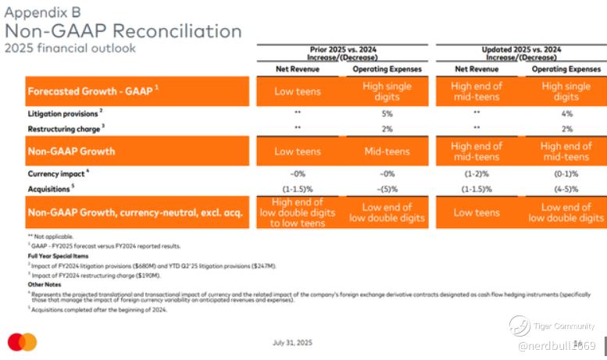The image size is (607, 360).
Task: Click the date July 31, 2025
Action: (293, 343)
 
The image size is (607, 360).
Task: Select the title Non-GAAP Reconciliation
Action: (123, 30)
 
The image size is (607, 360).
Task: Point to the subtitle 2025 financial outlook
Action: (70, 48)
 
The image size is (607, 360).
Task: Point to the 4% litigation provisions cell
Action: (566, 114)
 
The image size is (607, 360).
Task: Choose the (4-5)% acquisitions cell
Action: (566, 188)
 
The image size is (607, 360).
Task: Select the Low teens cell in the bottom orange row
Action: (477, 212)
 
